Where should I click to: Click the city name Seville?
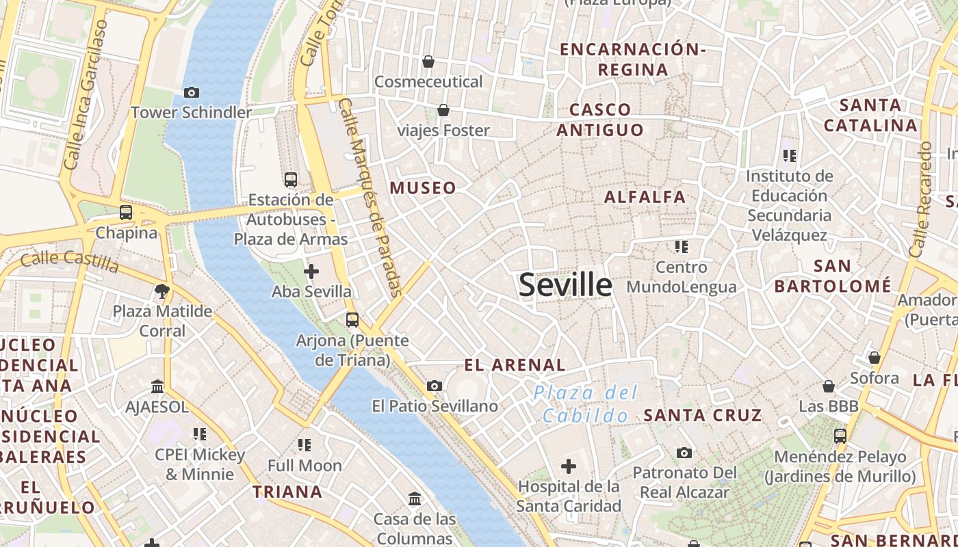[x=565, y=284]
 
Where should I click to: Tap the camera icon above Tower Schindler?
[x=192, y=92]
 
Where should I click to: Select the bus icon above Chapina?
[x=126, y=213]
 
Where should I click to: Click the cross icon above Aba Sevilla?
[x=311, y=271]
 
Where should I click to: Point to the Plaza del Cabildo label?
[x=585, y=404]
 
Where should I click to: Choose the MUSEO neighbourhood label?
[x=423, y=188]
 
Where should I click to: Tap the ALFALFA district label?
[x=645, y=197]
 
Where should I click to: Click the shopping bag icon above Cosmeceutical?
[x=428, y=62]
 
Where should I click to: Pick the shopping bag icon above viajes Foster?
[x=443, y=110]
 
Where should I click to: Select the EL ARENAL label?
[x=515, y=365]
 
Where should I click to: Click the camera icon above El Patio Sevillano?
[x=435, y=386]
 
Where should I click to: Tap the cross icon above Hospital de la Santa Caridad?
[x=569, y=467]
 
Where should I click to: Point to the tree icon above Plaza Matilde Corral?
[x=162, y=291]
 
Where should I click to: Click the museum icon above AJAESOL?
[x=157, y=387]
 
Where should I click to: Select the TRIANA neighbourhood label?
[x=287, y=492]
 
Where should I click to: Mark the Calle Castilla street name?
[x=70, y=261]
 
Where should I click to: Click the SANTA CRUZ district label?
[x=703, y=415]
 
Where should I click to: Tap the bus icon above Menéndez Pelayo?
[x=840, y=436]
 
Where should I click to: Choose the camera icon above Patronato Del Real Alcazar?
[x=684, y=453]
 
